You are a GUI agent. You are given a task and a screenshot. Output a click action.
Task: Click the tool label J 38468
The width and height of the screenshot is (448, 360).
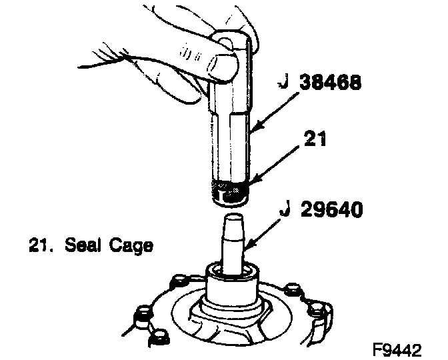(319, 82)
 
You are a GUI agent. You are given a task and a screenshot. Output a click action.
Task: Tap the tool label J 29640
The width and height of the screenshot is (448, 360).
(321, 209)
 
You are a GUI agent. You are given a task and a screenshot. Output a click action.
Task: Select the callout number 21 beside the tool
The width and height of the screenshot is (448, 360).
(315, 139)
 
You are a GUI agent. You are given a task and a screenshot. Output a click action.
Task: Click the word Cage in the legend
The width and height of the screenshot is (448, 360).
(131, 246)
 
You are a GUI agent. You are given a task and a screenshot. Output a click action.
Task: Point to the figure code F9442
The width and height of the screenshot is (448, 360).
(397, 349)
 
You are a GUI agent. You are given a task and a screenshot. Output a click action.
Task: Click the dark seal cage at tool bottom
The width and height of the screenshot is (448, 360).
(229, 192)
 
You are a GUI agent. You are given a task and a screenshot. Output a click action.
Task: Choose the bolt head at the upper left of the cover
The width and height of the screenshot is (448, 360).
(180, 281)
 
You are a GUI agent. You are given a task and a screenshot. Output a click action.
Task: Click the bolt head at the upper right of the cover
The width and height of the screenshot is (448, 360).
(293, 289)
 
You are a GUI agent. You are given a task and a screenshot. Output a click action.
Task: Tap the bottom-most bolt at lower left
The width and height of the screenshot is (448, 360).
(159, 338)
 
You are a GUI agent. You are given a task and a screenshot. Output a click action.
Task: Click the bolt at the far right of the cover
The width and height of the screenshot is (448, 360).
(317, 310)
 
